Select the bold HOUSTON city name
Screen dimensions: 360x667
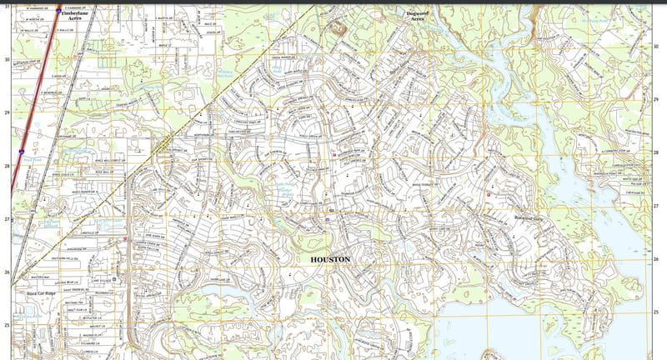(x=331, y=260)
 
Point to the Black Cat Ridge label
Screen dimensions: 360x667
(x=41, y=294)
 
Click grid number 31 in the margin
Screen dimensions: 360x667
(x=8, y=7)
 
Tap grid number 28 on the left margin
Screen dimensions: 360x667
(x=7, y=166)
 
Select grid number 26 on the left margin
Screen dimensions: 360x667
(x=7, y=272)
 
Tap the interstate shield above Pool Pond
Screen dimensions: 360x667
(x=21, y=152)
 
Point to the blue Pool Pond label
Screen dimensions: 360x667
(x=32, y=159)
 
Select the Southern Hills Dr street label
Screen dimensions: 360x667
(x=88, y=257)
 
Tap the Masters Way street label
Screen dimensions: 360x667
(x=40, y=277)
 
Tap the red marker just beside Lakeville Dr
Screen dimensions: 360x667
(x=124, y=239)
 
